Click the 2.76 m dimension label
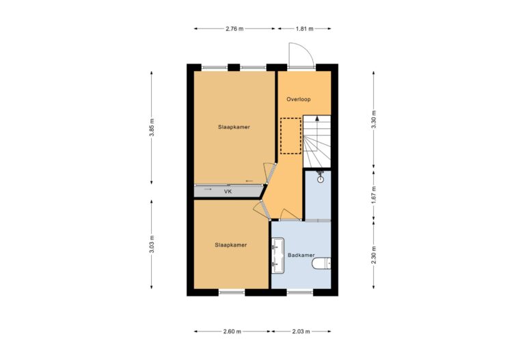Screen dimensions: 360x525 click(x=234, y=29)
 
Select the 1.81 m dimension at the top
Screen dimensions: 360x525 click(x=304, y=29)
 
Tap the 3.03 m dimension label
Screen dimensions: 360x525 click(x=152, y=244)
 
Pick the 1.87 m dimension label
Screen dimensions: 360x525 click(x=373, y=194)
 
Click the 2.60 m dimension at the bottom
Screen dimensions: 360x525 click(x=232, y=331)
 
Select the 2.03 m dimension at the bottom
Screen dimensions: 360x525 click(x=301, y=331)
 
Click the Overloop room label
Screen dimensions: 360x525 click(x=299, y=99)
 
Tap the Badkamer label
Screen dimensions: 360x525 click(x=300, y=255)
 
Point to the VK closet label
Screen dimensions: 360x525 click(x=228, y=192)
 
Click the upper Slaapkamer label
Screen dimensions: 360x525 click(x=233, y=127)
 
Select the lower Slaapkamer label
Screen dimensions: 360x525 click(x=230, y=245)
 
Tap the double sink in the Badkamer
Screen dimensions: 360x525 click(x=278, y=254)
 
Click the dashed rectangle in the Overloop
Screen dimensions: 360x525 click(x=291, y=136)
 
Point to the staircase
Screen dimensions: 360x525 click(x=317, y=140)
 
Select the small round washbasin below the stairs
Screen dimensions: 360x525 click(x=321, y=178)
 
